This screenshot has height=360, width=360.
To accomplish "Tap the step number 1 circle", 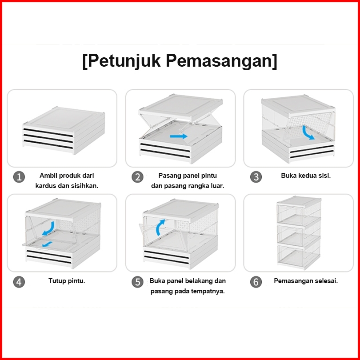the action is [x=19, y=176].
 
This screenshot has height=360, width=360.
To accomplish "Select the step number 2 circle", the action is [x=137, y=176].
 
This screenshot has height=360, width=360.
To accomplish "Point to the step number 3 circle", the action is [x=256, y=176].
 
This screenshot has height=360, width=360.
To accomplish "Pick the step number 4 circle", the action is [x=19, y=281].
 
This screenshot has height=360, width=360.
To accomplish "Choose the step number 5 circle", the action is [x=137, y=282].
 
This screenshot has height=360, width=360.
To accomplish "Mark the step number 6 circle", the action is [x=256, y=282].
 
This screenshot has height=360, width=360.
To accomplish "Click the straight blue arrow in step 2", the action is [x=179, y=136].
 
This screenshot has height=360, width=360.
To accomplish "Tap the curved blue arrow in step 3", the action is [x=308, y=132].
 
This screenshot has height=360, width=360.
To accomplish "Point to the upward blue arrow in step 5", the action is [x=160, y=227].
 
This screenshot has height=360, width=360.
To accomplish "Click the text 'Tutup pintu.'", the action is [x=67, y=281].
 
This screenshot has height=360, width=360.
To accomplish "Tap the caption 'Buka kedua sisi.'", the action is [x=306, y=176].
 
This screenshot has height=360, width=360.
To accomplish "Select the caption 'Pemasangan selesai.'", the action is [x=306, y=281].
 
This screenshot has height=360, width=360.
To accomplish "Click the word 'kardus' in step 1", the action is [x=45, y=186].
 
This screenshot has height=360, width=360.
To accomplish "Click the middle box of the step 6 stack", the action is [x=298, y=232].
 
